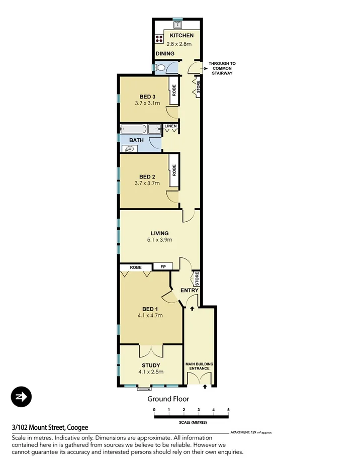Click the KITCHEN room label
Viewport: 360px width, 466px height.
coord(182,36)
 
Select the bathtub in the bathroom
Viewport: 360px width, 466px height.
coord(140,129)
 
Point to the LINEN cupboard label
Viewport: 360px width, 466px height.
coord(170,126)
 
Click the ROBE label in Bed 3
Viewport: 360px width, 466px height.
coord(174,90)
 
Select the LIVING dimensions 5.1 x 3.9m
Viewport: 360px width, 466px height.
coord(159,240)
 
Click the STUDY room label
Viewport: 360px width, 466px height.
coord(151,365)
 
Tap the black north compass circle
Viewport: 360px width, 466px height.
coord(21,397)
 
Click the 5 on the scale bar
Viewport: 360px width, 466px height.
coord(228,410)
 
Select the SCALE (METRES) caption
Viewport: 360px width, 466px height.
coord(191,423)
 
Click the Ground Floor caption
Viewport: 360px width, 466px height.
coord(168,399)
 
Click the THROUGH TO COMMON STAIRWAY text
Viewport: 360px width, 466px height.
coord(222,68)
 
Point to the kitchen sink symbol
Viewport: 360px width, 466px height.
coord(177,23)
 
